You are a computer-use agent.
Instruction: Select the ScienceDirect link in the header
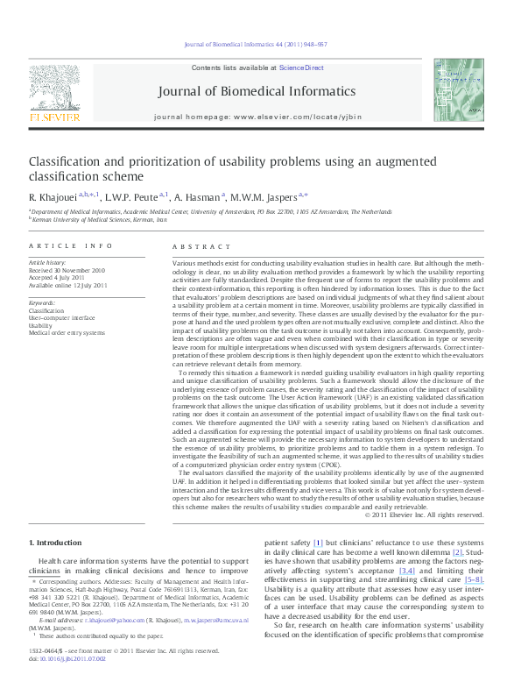tap(301, 67)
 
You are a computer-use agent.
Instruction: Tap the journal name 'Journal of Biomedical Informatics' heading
tap(257, 91)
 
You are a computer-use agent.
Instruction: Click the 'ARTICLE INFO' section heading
tap(71, 247)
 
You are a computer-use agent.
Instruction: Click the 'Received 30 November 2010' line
tap(67, 270)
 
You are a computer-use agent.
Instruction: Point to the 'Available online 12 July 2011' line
tap(68, 286)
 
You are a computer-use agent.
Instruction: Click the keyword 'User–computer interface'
tap(62, 317)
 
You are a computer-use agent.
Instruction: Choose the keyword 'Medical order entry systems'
tap(67, 333)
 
